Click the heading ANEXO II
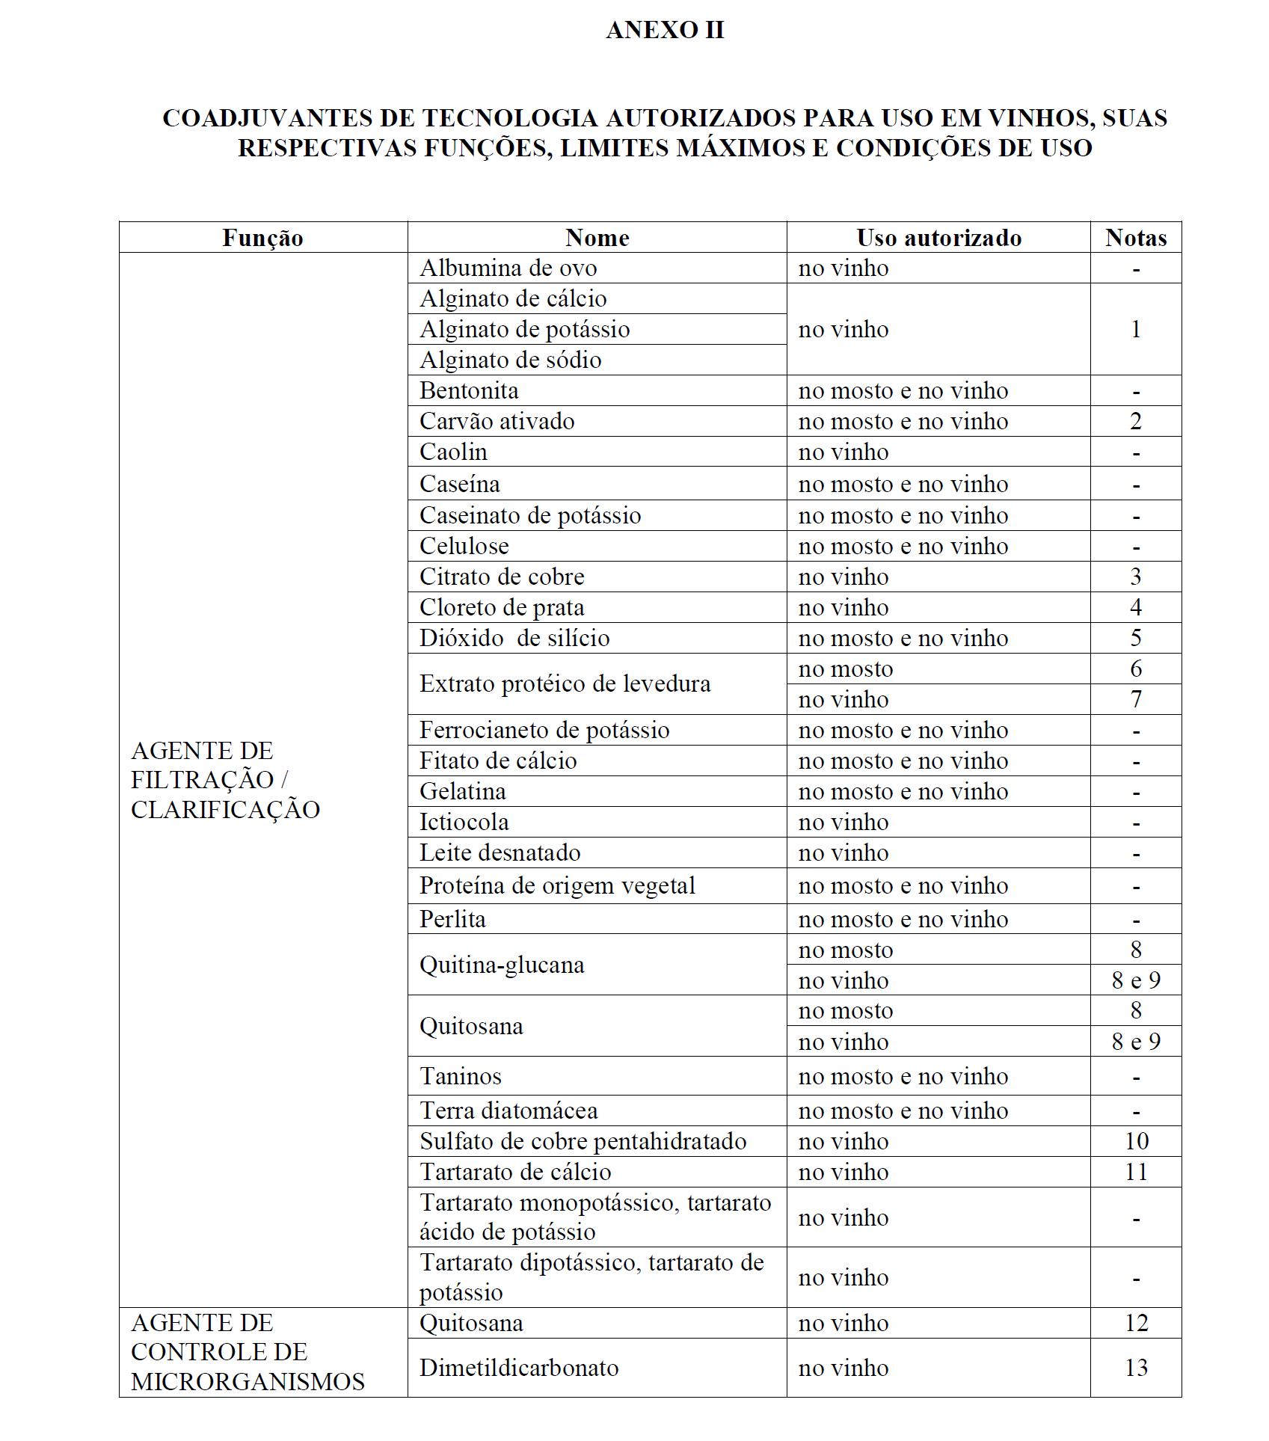pos(664,30)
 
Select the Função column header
pos(262,238)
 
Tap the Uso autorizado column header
pos(938,238)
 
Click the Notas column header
pos(1135,238)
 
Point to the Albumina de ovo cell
pos(508,268)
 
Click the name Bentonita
pos(469,390)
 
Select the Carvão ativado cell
pos(497,421)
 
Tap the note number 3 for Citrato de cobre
pos(1135,577)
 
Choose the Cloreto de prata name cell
pos(502,607)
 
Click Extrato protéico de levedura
pos(565,683)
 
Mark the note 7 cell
pos(1135,699)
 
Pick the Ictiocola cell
pos(464,822)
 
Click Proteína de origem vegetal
pos(557,885)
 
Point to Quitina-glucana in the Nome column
pos(502,965)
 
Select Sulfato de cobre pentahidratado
pos(583,1141)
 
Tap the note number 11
pos(1135,1172)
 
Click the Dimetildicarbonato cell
pos(519,1368)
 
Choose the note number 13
pos(1135,1368)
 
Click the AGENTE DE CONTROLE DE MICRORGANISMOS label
pos(248,1352)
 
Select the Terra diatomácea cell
pos(508,1110)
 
